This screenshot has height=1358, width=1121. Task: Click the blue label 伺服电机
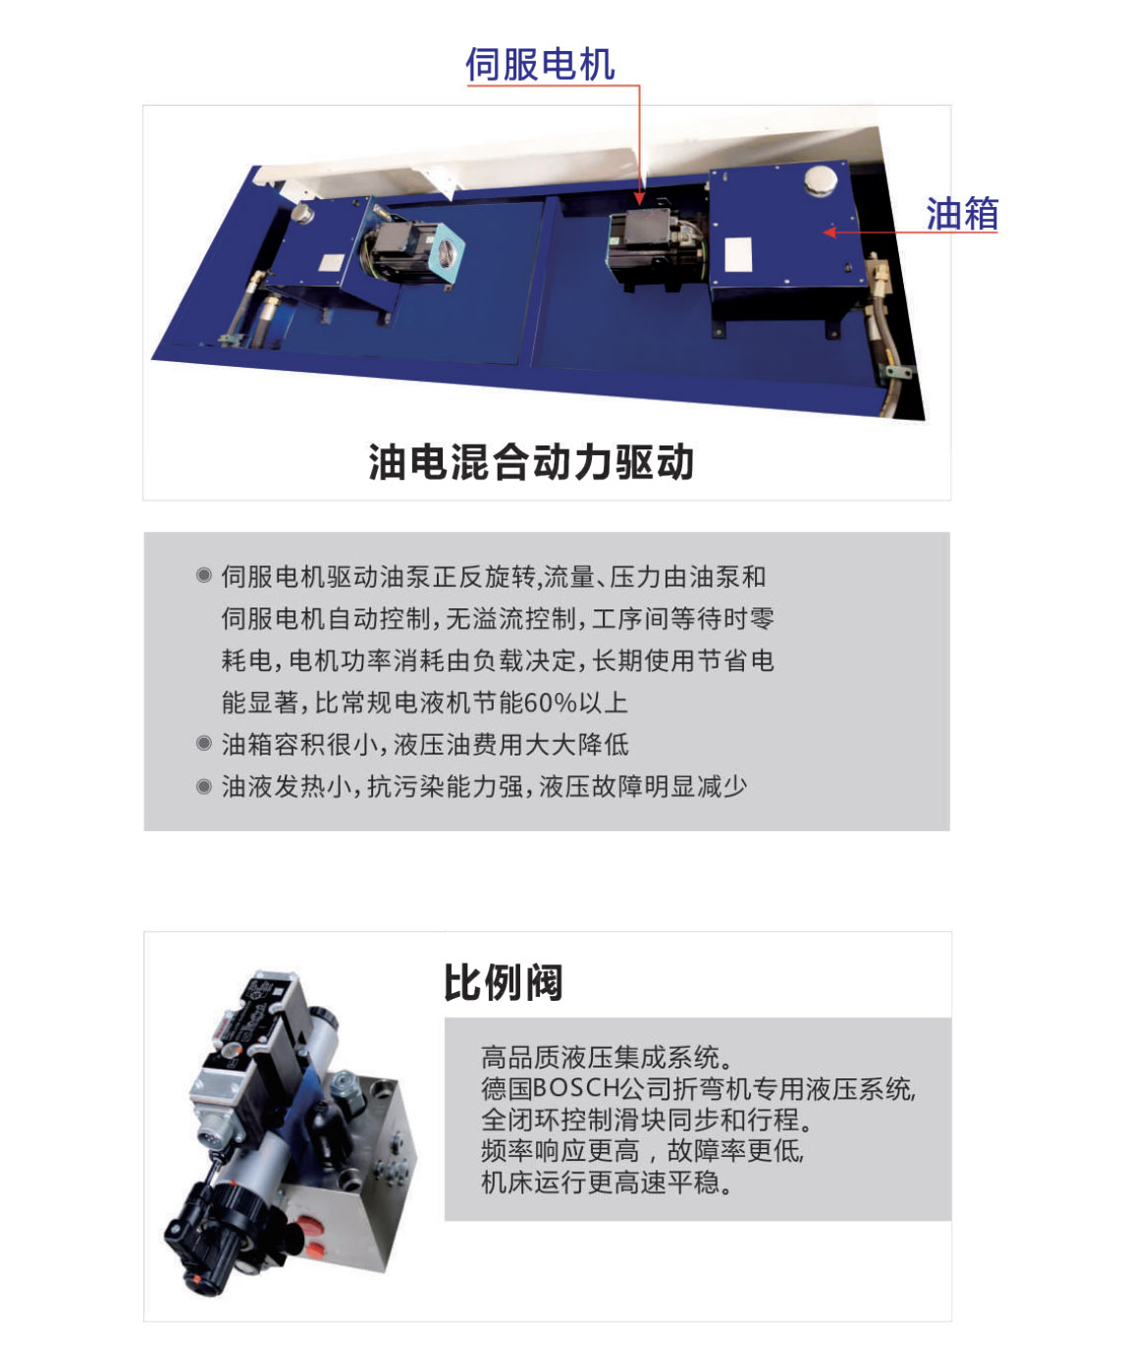pos(540,65)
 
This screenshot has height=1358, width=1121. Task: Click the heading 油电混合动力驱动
pos(531,462)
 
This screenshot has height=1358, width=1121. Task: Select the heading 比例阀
pos(503,981)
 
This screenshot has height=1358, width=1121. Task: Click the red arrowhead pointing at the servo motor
pos(639,198)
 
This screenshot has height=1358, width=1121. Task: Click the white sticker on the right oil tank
pos(738,254)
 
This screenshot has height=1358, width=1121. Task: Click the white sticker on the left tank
pos(331,263)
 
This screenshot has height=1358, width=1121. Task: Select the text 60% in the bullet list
pos(550,703)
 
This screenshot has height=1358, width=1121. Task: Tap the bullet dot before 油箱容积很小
pos(203,744)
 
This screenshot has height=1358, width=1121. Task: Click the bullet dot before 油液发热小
pos(203,787)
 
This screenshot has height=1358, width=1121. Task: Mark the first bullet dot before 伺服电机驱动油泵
pos(203,576)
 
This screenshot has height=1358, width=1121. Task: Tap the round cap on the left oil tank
pos(302,213)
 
